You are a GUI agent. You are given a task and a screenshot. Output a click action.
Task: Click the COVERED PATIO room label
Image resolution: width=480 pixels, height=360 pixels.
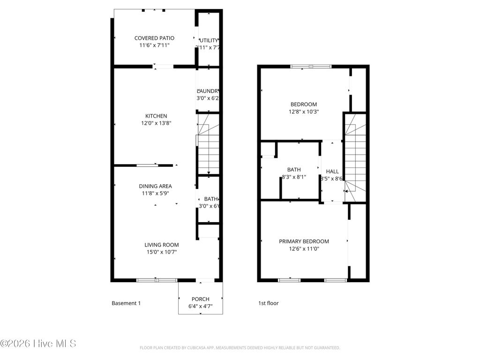pos(154,38)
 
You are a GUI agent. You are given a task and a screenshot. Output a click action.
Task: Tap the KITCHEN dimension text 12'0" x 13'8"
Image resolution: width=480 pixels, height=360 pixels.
pos(156,123)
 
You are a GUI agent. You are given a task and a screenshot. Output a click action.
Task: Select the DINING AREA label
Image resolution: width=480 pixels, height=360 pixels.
pos(155,186)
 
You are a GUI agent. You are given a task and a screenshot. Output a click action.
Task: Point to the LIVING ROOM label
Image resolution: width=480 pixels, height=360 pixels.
pos(161,245)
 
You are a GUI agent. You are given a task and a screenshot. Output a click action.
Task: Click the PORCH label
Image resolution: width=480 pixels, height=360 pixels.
pos(200,299)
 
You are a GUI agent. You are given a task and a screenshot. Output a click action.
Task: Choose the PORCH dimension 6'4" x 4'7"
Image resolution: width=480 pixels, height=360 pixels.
pos(200,307)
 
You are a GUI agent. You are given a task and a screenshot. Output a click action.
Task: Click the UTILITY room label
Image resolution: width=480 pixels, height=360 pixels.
pos(209,41)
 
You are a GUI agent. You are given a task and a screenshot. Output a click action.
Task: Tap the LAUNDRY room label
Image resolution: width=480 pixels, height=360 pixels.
pos(208,91)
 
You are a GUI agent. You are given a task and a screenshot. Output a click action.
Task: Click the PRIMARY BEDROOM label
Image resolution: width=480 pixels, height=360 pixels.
pos(304,241)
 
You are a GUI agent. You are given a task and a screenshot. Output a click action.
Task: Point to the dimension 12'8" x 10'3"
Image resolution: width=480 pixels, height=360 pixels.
pos(304,112)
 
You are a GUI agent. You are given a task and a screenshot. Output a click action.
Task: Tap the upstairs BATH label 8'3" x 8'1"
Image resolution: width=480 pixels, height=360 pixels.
pos(294,173)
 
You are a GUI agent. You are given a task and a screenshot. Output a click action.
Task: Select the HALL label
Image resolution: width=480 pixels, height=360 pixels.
pos(332,172)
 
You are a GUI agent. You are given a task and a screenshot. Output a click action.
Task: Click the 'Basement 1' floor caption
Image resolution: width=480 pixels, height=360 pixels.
pos(126,303)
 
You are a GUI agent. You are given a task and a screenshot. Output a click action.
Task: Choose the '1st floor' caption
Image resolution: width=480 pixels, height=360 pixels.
pos(268,303)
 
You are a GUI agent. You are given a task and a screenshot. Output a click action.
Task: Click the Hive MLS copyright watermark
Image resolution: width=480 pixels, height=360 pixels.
pos(38,344)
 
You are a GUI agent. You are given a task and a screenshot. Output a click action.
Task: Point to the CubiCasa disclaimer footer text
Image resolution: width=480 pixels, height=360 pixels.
pos(240,348)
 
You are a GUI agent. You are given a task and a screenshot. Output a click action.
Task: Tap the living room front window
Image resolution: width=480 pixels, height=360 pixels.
pos(157,280)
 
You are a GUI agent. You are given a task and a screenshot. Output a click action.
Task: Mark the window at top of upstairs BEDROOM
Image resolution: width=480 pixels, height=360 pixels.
pos(311,67)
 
